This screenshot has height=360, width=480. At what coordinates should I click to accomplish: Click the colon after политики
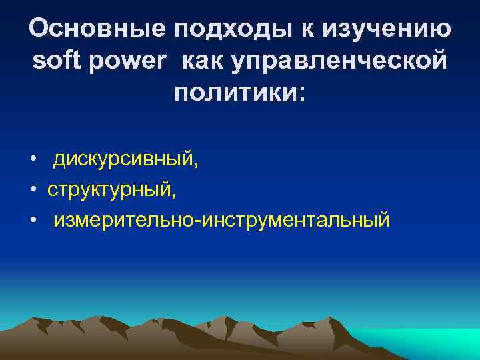[x=299, y=95]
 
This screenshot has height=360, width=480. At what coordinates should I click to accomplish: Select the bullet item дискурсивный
[x=123, y=159]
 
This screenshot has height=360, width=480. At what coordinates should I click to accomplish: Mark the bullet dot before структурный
[x=33, y=190]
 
